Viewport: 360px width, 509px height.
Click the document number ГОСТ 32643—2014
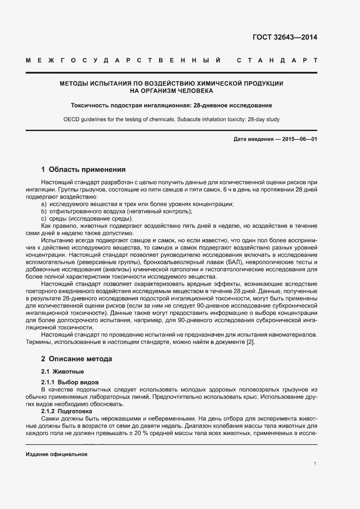tap(285, 37)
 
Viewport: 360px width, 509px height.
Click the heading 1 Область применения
tap(83, 169)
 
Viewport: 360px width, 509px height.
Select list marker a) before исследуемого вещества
tap(44, 204)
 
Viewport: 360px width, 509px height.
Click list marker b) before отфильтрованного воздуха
tap(44, 211)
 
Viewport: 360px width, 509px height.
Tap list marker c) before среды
tap(44, 218)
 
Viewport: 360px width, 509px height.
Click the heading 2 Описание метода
tap(76, 359)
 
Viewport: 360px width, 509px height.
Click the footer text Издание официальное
tap(57, 454)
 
